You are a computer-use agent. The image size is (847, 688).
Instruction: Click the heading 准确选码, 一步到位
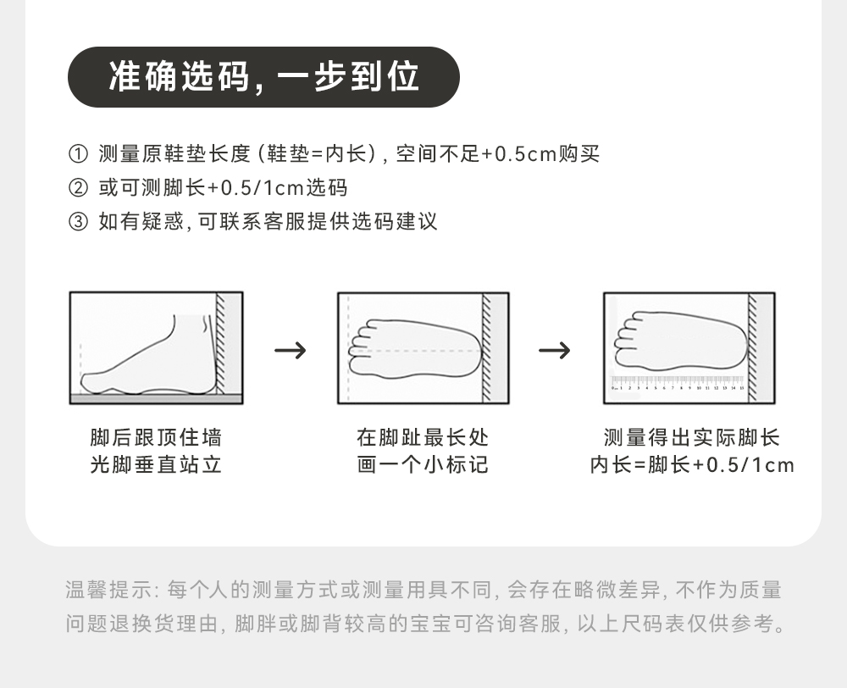tap(263, 77)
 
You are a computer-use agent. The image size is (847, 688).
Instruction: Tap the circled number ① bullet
tap(77, 155)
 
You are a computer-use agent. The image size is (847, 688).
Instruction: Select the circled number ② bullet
tap(77, 188)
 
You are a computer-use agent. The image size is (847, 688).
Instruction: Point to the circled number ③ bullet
tap(77, 222)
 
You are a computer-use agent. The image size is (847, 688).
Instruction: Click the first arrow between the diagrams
tap(291, 349)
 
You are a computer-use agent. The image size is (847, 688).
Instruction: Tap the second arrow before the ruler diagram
tap(555, 349)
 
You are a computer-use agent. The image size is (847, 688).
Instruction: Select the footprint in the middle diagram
tap(415, 349)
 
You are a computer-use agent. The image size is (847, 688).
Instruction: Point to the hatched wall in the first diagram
tap(222, 344)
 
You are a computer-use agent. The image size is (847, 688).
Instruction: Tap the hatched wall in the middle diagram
tap(487, 347)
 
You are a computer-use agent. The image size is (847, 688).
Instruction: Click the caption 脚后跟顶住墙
tap(156, 438)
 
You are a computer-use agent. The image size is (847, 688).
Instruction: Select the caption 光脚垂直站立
tap(156, 465)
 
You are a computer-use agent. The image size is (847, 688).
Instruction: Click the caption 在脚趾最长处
tap(423, 438)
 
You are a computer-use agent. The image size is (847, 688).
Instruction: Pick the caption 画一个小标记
tap(423, 465)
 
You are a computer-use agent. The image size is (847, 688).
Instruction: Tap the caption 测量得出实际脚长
tap(691, 438)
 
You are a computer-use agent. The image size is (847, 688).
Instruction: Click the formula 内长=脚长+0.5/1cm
tap(691, 465)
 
